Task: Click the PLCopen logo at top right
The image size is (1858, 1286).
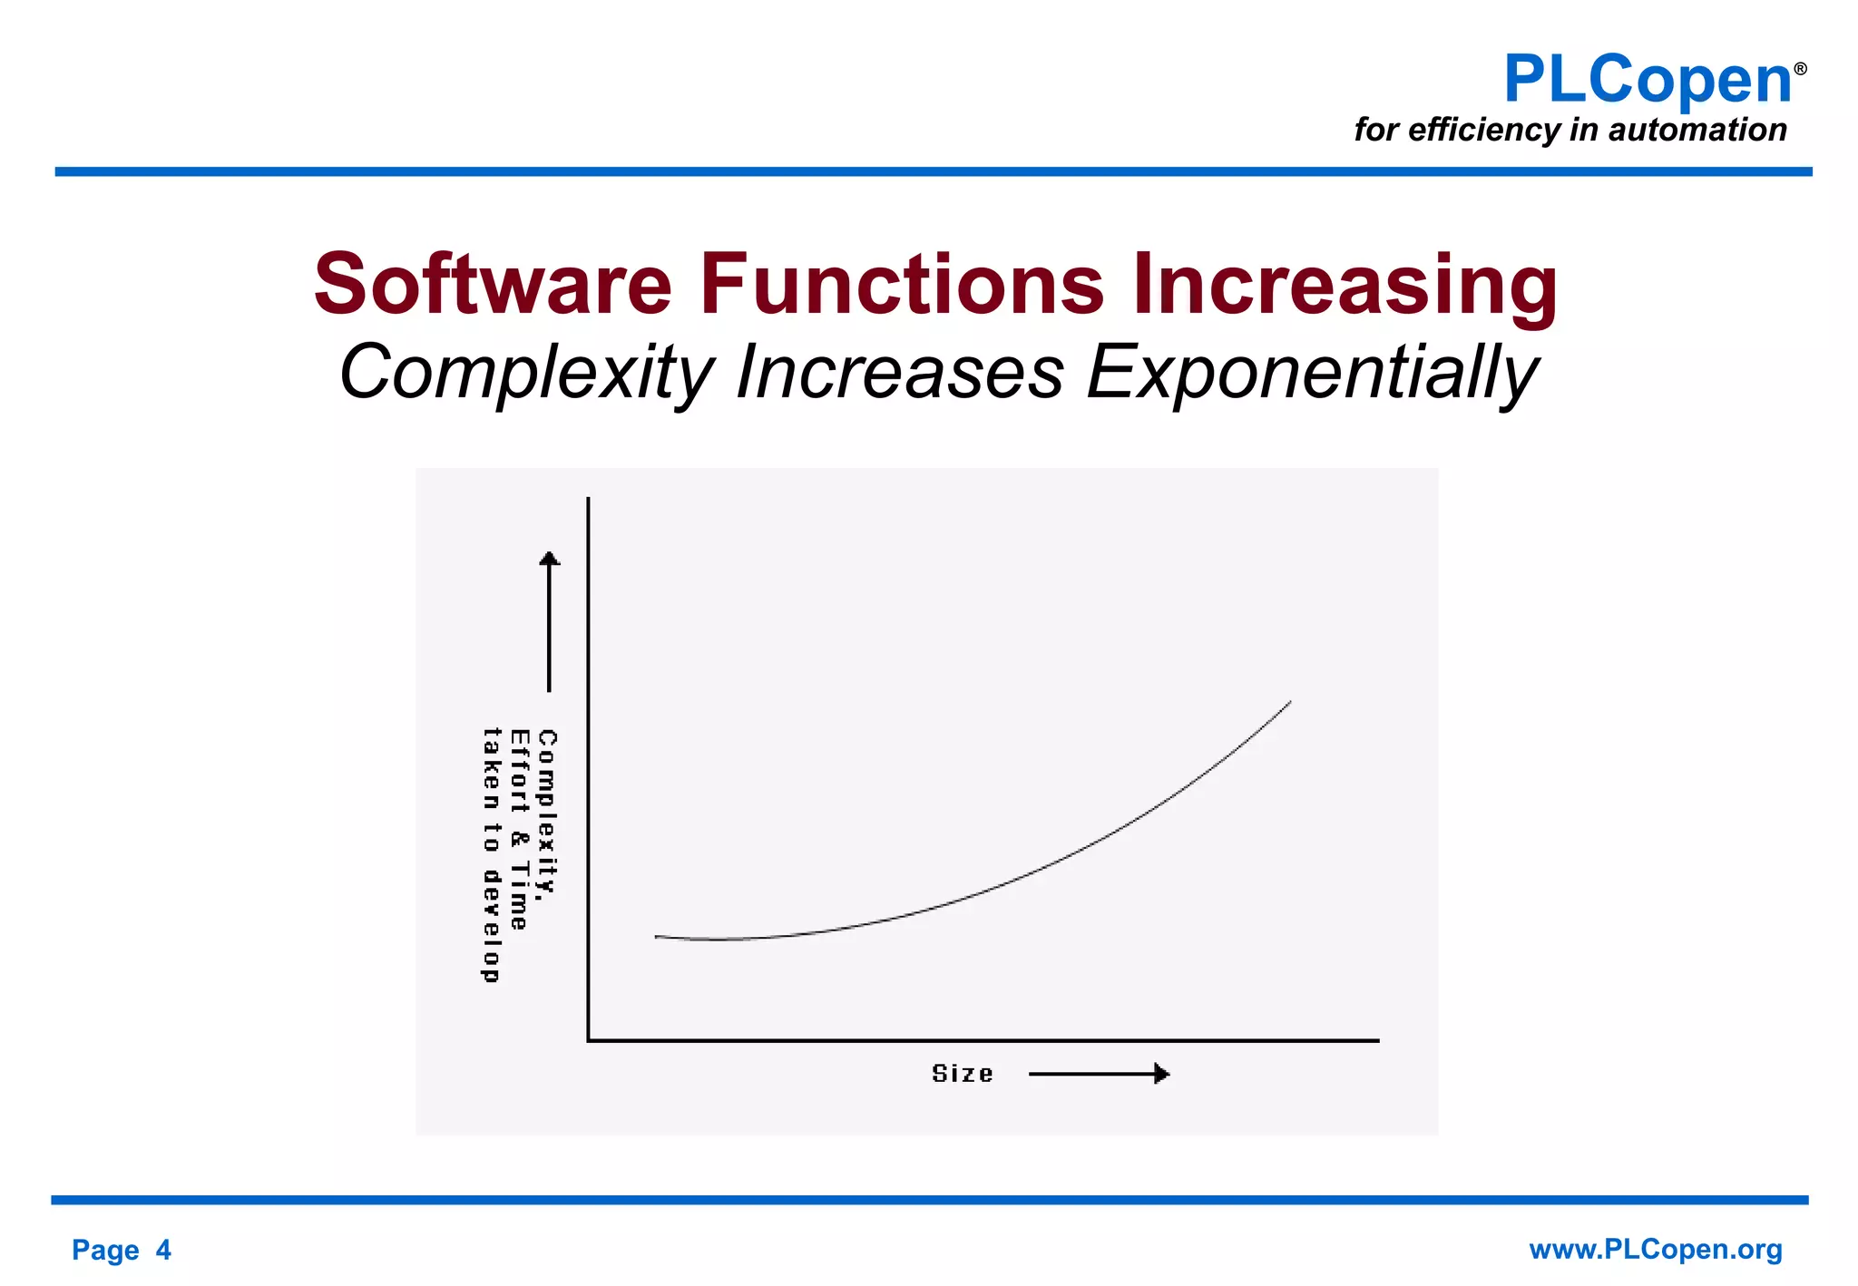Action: (x=1647, y=80)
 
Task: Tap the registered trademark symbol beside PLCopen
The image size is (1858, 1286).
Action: (x=1800, y=69)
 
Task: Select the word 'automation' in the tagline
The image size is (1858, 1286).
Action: (x=1697, y=130)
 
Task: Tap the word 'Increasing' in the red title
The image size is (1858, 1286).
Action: (x=1345, y=286)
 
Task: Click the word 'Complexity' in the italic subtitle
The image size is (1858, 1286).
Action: (x=526, y=373)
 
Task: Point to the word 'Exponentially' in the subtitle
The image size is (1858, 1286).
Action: (x=1312, y=373)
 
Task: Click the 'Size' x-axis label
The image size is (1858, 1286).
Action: (x=962, y=1074)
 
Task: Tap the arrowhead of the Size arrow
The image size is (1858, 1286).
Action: (x=1162, y=1074)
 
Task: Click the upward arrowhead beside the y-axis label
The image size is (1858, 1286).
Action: (x=549, y=558)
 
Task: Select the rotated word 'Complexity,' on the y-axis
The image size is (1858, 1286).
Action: (x=547, y=814)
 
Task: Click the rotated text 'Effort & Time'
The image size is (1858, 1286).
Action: (x=519, y=829)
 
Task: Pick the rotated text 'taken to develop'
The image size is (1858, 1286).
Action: (x=491, y=854)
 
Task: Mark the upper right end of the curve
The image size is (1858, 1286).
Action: (x=1289, y=702)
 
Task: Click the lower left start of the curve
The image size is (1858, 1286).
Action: (x=657, y=936)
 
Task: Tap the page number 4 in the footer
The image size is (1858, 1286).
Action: (x=163, y=1250)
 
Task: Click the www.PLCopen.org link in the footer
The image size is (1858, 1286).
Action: (x=1655, y=1249)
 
